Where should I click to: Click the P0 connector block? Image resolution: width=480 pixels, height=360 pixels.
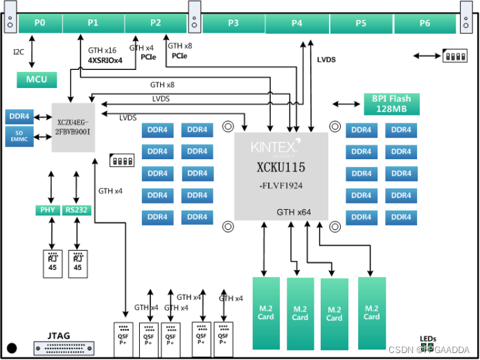coord(39,24)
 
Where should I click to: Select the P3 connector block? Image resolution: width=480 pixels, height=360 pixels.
coord(233,24)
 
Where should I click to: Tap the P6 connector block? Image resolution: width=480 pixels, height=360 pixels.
coord(425,24)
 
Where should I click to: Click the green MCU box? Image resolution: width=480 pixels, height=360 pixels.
coord(37,80)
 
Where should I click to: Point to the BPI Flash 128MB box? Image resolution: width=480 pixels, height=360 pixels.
coord(391,104)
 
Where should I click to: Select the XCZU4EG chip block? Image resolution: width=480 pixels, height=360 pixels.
coord(73,127)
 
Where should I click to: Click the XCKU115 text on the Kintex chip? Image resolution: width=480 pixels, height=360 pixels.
coord(281,168)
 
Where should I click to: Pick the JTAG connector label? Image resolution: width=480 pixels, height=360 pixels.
coord(59,336)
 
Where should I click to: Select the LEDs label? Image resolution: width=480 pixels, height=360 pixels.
coord(428,339)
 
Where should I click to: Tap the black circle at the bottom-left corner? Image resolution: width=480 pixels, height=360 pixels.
coord(11,348)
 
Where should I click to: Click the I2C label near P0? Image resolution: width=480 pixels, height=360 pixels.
coord(19,52)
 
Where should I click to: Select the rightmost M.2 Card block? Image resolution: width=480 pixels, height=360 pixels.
coord(371,312)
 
